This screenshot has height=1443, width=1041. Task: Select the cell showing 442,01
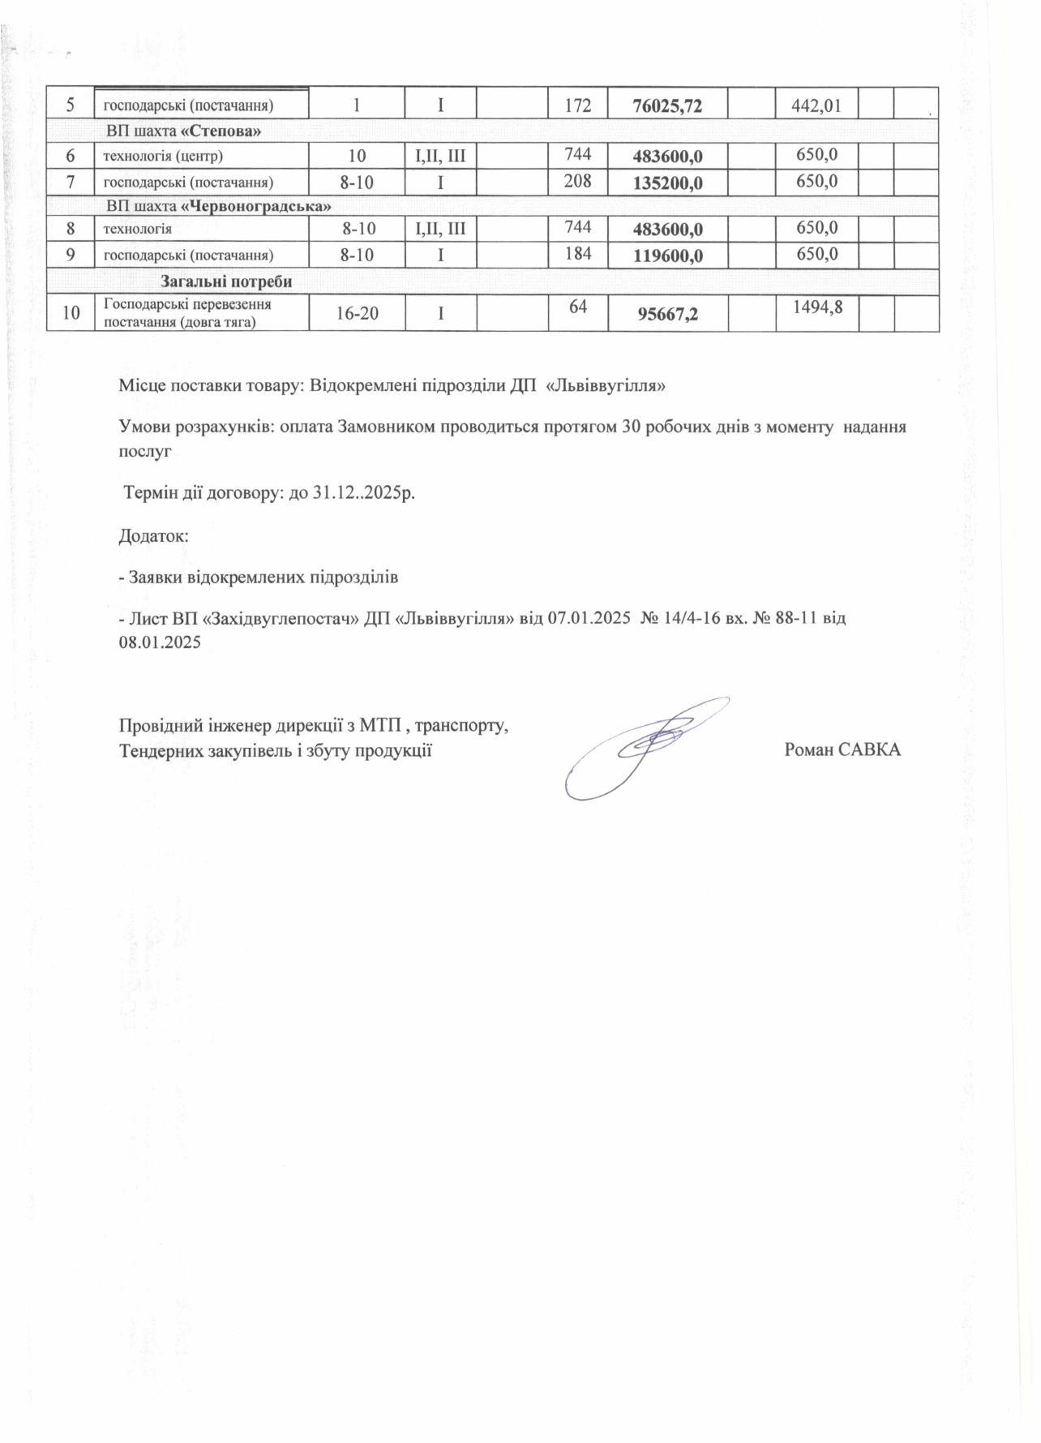pos(815,105)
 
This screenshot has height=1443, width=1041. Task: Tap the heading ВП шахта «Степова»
pos(183,131)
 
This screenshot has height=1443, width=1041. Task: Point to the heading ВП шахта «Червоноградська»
pos(219,206)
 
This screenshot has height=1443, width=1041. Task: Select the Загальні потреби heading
pos(226,282)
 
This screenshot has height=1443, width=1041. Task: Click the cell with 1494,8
pos(815,306)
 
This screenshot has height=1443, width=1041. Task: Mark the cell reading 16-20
pos(358,313)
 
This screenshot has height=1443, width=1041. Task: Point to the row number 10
pos(71,313)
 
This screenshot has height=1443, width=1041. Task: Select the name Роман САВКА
pos(842,750)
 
